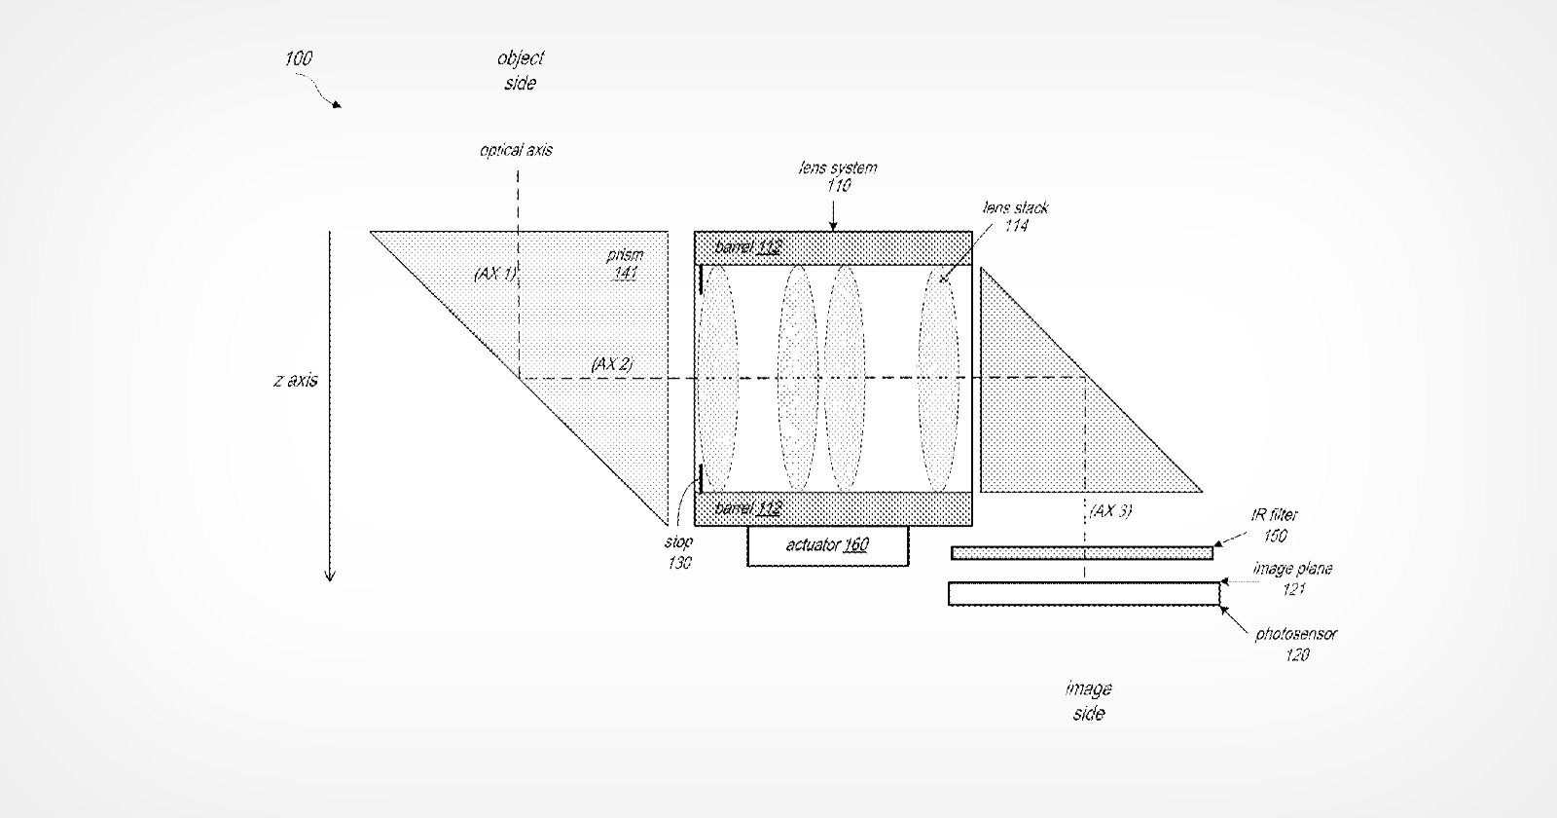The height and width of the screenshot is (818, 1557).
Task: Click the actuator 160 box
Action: click(828, 546)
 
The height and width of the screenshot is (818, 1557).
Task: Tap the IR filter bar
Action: click(1082, 553)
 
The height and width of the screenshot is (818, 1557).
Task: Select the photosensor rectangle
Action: click(1084, 594)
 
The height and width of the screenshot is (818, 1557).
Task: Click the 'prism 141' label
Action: click(625, 264)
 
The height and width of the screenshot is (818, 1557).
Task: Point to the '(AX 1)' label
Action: click(495, 274)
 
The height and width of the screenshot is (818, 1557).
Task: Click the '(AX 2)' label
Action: click(612, 364)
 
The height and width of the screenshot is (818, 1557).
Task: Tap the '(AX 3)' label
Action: click(1110, 511)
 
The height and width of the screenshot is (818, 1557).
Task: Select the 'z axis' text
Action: click(296, 381)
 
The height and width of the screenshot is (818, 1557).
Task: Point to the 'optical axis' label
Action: click(517, 150)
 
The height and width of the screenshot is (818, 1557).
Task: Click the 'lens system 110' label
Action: click(838, 176)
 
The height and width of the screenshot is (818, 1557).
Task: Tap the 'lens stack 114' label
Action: click(1016, 216)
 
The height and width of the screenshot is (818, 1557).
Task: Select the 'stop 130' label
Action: click(678, 552)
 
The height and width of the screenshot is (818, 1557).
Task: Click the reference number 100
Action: click(298, 58)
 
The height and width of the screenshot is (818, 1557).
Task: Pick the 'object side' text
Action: click(521, 70)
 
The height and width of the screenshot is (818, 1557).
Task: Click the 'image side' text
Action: click(1089, 701)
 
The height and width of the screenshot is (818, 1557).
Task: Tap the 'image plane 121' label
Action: click(1293, 578)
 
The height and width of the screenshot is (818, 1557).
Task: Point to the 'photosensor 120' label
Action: click(1296, 644)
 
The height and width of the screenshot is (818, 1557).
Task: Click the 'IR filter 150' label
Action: click(1275, 525)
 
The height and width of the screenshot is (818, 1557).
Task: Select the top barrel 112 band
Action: click(833, 248)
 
